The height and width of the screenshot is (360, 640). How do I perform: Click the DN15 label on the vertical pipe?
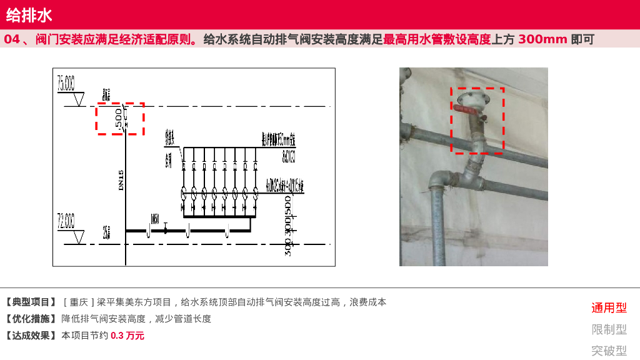(x=121, y=181)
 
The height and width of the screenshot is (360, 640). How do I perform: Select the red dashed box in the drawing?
(x=120, y=119)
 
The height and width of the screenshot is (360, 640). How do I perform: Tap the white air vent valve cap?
(x=470, y=98)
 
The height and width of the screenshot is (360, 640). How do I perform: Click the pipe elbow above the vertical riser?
(x=439, y=179)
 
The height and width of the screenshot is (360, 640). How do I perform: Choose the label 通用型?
(x=609, y=307)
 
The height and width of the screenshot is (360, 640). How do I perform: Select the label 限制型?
(x=609, y=329)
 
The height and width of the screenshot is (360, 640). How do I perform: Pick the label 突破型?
(x=609, y=351)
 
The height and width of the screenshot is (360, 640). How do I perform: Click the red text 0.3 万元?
(x=127, y=336)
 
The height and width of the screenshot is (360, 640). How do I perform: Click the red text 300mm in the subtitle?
(x=542, y=39)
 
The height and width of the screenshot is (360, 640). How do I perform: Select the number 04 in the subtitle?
(x=12, y=39)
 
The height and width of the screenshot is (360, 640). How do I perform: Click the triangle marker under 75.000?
(x=79, y=99)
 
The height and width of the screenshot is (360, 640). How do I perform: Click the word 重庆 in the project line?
(x=79, y=302)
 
